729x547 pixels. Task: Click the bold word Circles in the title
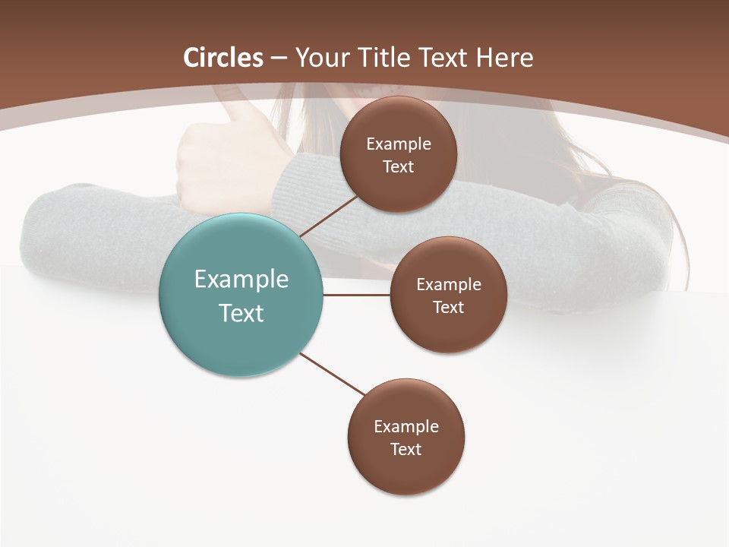[222, 58]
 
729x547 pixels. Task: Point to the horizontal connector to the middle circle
[357, 295]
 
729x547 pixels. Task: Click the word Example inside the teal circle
[241, 280]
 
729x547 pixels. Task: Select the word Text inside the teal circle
[241, 313]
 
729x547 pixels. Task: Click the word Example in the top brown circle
[399, 144]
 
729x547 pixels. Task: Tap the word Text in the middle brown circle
[448, 307]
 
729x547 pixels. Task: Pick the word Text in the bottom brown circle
[406, 449]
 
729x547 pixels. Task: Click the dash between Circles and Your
[279, 58]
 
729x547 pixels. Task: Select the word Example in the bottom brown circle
[406, 426]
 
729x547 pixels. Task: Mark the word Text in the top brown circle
[399, 166]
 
